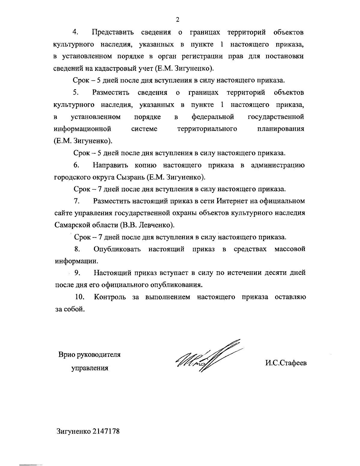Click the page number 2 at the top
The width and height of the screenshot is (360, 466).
tap(178, 20)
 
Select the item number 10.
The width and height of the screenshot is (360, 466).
tap(79, 297)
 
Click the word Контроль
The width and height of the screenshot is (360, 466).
tap(110, 297)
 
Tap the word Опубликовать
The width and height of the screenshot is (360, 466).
tap(117, 249)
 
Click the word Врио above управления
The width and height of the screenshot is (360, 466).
tap(67, 354)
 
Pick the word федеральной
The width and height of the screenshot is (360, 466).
tap(213, 116)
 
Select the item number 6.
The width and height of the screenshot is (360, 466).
tap(76, 165)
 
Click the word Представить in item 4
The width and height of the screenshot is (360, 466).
tap(112, 32)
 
